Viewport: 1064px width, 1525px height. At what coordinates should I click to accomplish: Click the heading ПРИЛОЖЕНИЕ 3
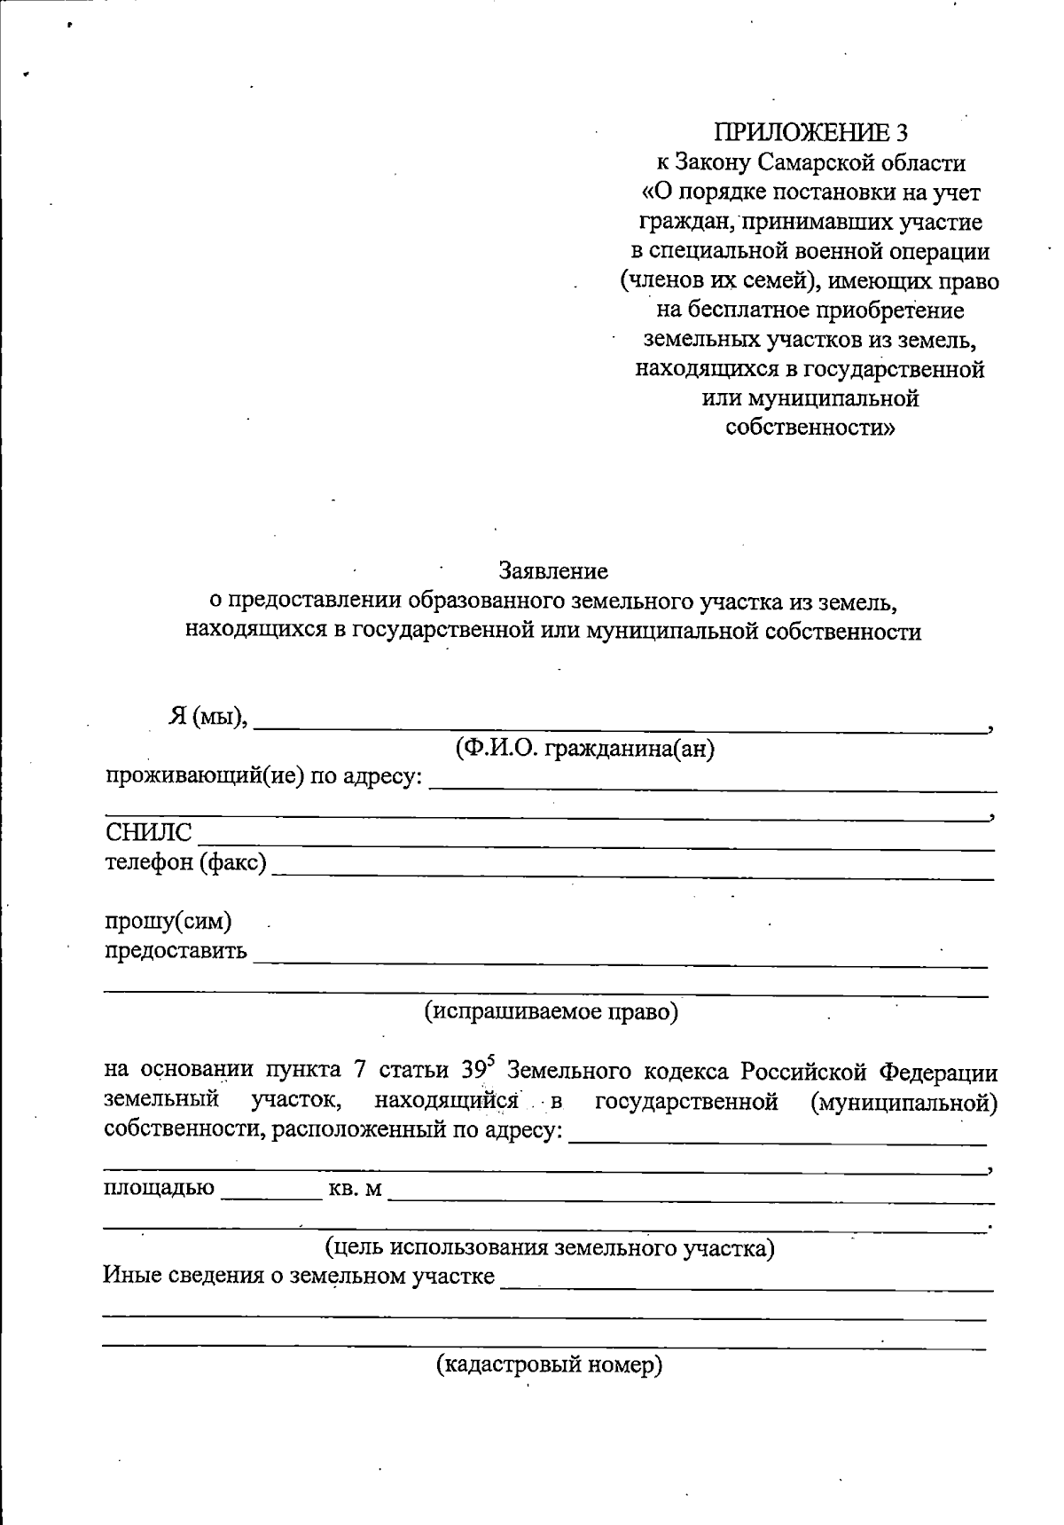(x=810, y=132)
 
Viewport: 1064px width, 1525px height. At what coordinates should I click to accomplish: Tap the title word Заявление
(x=553, y=570)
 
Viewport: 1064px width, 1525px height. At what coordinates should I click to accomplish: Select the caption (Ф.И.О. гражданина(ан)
(x=584, y=750)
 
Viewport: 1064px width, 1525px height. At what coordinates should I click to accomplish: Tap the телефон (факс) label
(x=185, y=861)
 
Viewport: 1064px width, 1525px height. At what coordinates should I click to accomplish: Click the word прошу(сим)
(x=168, y=922)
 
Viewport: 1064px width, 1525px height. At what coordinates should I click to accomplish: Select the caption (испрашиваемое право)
(x=551, y=1011)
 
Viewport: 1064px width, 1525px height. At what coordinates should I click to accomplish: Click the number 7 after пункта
(x=360, y=1071)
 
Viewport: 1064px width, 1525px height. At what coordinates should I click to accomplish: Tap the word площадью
(x=159, y=1188)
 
